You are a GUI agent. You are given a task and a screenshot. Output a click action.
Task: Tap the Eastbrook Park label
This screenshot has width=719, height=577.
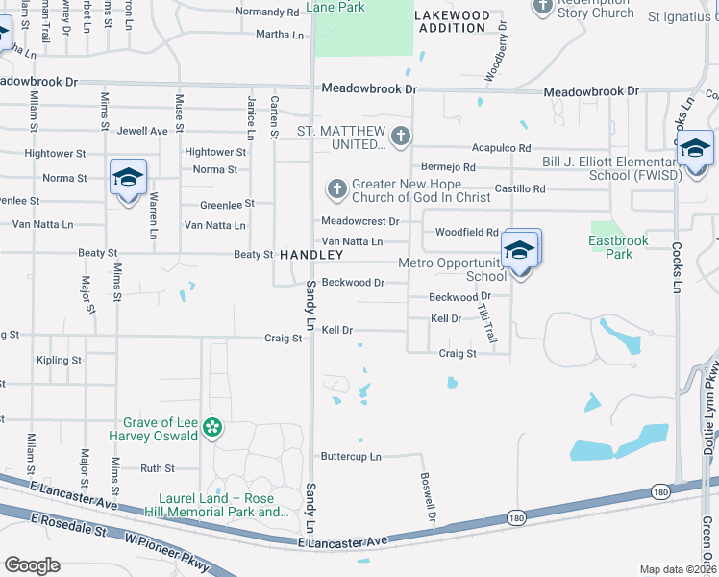click(x=620, y=247)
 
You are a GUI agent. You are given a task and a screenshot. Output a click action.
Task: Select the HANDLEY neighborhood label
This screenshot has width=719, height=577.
click(x=311, y=255)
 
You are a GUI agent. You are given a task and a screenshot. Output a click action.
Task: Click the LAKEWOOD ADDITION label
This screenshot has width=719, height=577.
click(x=452, y=21)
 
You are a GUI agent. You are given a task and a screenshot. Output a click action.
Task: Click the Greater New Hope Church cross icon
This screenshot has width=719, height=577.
click(x=336, y=188)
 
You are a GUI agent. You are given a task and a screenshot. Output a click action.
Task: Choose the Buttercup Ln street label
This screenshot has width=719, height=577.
click(x=351, y=456)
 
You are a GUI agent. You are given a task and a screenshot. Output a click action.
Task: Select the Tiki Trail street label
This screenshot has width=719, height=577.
click(x=488, y=321)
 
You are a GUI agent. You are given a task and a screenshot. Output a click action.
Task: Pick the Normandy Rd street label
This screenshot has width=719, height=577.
click(x=267, y=13)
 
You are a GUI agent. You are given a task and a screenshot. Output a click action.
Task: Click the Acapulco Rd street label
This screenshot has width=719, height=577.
click(x=501, y=148)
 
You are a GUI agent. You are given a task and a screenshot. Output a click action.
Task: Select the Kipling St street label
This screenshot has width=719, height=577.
click(x=59, y=360)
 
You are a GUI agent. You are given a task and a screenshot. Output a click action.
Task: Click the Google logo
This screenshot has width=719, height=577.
click(x=33, y=564)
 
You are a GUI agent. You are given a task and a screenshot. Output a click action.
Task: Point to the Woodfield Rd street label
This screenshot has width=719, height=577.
click(x=466, y=232)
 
